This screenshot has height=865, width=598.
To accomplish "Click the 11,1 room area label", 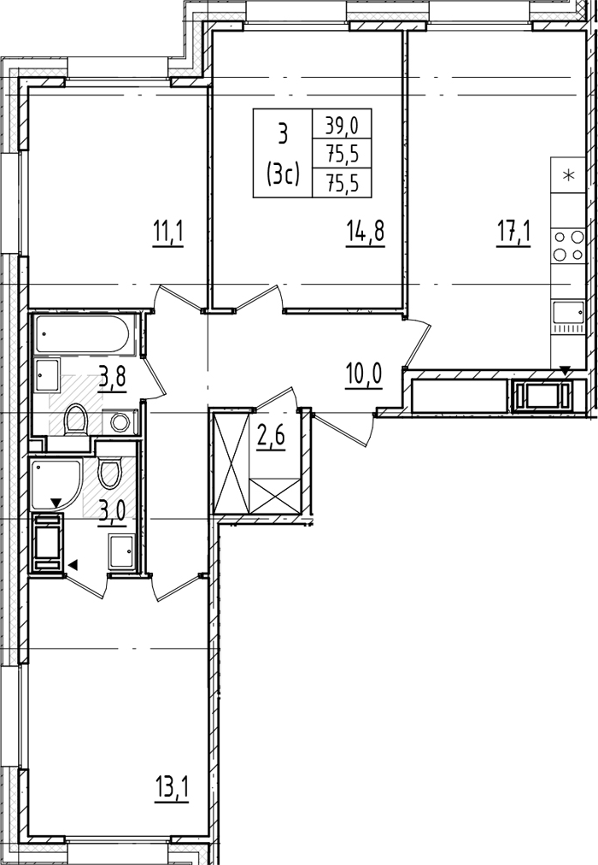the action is [x=167, y=233].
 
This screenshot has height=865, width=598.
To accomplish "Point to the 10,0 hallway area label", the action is [x=364, y=377].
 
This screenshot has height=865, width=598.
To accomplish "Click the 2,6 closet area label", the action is [x=270, y=438].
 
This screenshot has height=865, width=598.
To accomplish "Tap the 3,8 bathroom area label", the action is [x=113, y=379].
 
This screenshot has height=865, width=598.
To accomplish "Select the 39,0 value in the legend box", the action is [x=342, y=127].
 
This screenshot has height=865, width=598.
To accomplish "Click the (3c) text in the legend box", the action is [x=283, y=175].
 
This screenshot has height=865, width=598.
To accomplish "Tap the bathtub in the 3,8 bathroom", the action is [x=83, y=333].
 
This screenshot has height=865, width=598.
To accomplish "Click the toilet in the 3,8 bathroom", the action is [x=75, y=420].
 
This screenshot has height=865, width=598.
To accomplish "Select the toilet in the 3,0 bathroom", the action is [x=110, y=470].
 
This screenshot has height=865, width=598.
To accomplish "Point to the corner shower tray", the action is [x=56, y=484].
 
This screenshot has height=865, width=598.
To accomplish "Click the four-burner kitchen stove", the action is [x=568, y=246].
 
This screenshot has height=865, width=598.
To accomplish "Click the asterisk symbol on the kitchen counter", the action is [x=568, y=176].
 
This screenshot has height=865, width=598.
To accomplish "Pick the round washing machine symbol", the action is [x=119, y=422].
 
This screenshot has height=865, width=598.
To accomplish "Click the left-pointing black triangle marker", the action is [x=73, y=564].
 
